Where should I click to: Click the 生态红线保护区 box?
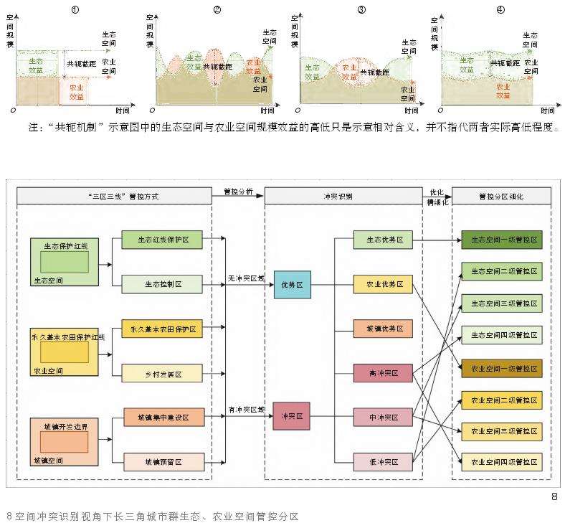coord(163,240)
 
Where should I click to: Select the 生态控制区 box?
coord(163,284)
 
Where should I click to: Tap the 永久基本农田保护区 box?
coord(163,329)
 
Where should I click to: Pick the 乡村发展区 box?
coord(163,374)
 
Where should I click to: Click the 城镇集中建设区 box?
coord(163,418)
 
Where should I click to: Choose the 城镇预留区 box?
coord(163,461)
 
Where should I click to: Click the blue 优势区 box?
coord(291,284)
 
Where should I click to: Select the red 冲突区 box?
coord(291,416)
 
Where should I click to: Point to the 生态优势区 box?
coord(383,240)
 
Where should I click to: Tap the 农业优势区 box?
coord(383,284)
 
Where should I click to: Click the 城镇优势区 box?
coord(383,329)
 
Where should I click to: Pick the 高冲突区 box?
coord(383,374)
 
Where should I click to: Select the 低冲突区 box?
coord(383,461)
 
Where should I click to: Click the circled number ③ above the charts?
coord(361,9)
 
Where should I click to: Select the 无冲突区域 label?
coord(245,278)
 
